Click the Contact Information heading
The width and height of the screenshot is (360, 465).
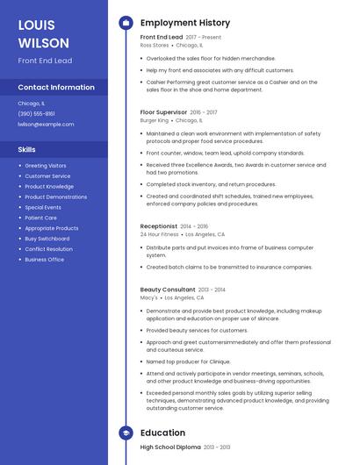point(56,87)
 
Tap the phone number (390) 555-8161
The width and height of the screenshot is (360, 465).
point(36,113)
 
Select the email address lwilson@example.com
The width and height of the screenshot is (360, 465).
point(46,124)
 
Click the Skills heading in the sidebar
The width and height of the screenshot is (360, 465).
point(26,149)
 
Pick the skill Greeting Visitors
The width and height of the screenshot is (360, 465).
point(45,166)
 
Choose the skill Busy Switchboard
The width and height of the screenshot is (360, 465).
point(47,239)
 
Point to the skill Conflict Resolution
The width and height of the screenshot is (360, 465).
point(48,249)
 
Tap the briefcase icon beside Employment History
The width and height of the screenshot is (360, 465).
point(125,23)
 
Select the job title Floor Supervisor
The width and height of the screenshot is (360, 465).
point(163,112)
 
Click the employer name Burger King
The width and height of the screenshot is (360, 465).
point(155,120)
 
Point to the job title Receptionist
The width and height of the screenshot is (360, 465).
point(159,225)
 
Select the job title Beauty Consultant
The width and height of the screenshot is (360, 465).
point(168,289)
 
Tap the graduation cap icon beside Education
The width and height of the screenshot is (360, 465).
point(125,433)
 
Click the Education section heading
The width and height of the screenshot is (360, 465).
point(162,433)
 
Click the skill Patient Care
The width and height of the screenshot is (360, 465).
point(40,218)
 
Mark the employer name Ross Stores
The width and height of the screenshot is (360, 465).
point(154,45)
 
